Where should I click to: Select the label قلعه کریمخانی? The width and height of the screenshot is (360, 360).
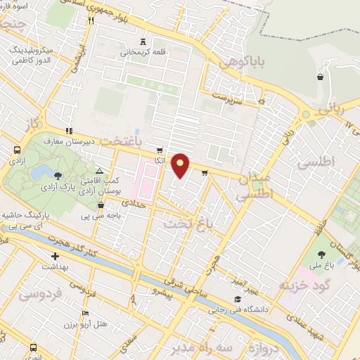(143, 52)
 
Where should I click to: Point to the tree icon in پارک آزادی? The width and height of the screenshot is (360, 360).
(58, 176)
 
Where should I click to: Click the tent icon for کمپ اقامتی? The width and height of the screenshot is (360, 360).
(98, 171)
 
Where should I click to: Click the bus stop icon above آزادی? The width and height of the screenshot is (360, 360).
(16, 150)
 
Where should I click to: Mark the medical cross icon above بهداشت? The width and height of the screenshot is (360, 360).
(55, 257)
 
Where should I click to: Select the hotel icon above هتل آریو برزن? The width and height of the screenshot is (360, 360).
(86, 313)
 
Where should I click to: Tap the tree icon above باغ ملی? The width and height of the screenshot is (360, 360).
(321, 255)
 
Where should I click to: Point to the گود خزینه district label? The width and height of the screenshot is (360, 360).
(303, 285)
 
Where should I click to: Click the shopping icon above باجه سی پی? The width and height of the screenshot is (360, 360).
(101, 205)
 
